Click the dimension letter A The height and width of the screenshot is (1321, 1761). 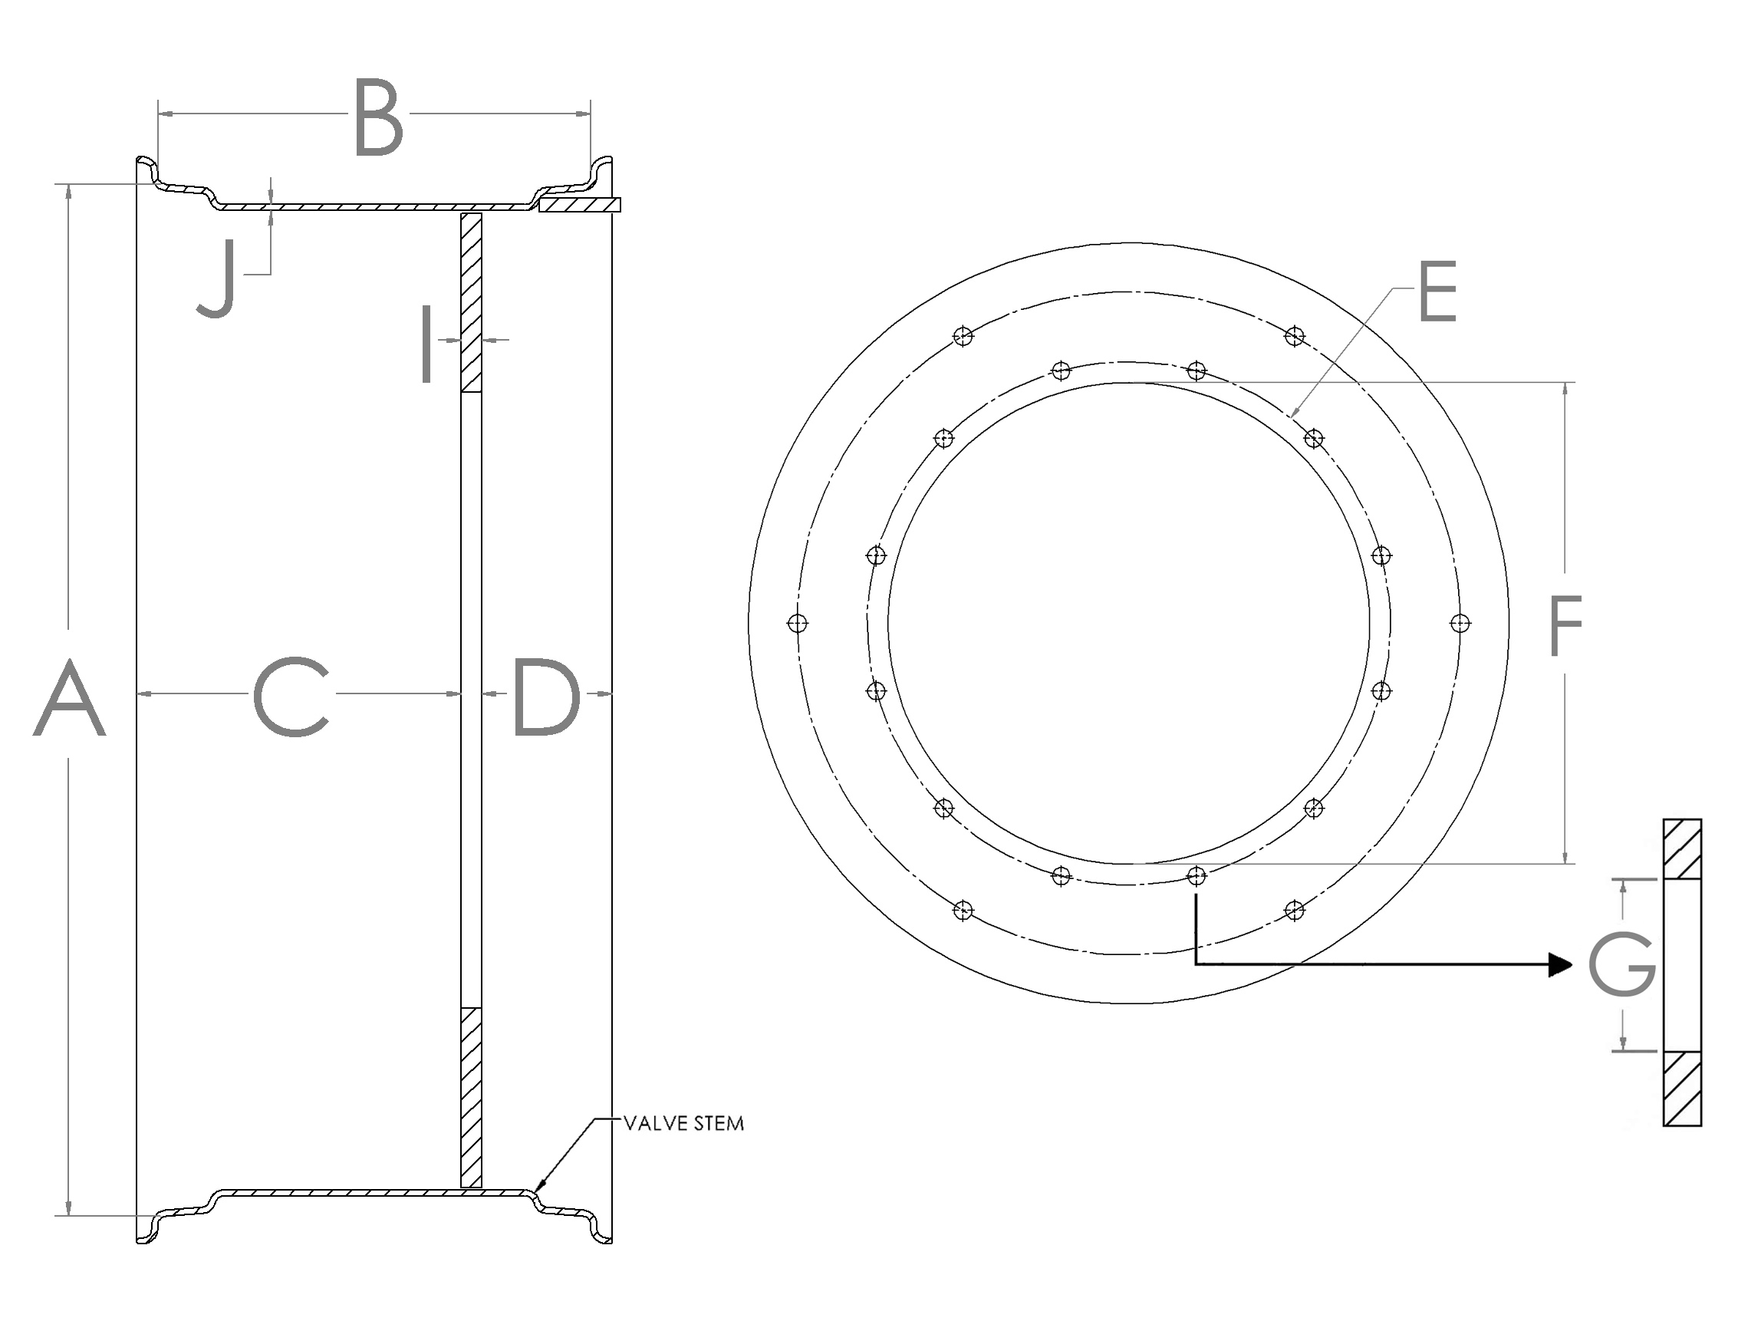coord(69,697)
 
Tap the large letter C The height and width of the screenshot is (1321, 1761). coord(291,697)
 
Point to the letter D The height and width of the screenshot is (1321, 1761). coord(546,697)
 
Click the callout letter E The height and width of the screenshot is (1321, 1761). coord(1438,292)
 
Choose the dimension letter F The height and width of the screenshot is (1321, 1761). coord(1565,628)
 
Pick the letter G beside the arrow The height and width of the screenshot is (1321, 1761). coord(1621,966)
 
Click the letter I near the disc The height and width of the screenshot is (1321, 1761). coord(426,344)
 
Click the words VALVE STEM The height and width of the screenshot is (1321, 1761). coord(683,1124)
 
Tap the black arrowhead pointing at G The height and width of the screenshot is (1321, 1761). coord(1560,965)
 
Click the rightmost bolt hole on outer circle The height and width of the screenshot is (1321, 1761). coord(1460,624)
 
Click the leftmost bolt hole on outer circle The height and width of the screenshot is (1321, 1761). coord(798,624)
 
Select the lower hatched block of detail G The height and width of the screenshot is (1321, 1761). coord(1682,1088)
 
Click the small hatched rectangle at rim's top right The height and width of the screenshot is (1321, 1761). coord(580,205)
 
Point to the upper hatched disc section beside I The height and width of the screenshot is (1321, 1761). coord(471,302)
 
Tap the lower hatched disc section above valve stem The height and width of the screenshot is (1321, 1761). coord(471,1097)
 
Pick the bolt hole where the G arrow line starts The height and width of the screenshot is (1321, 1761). coord(1196,876)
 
